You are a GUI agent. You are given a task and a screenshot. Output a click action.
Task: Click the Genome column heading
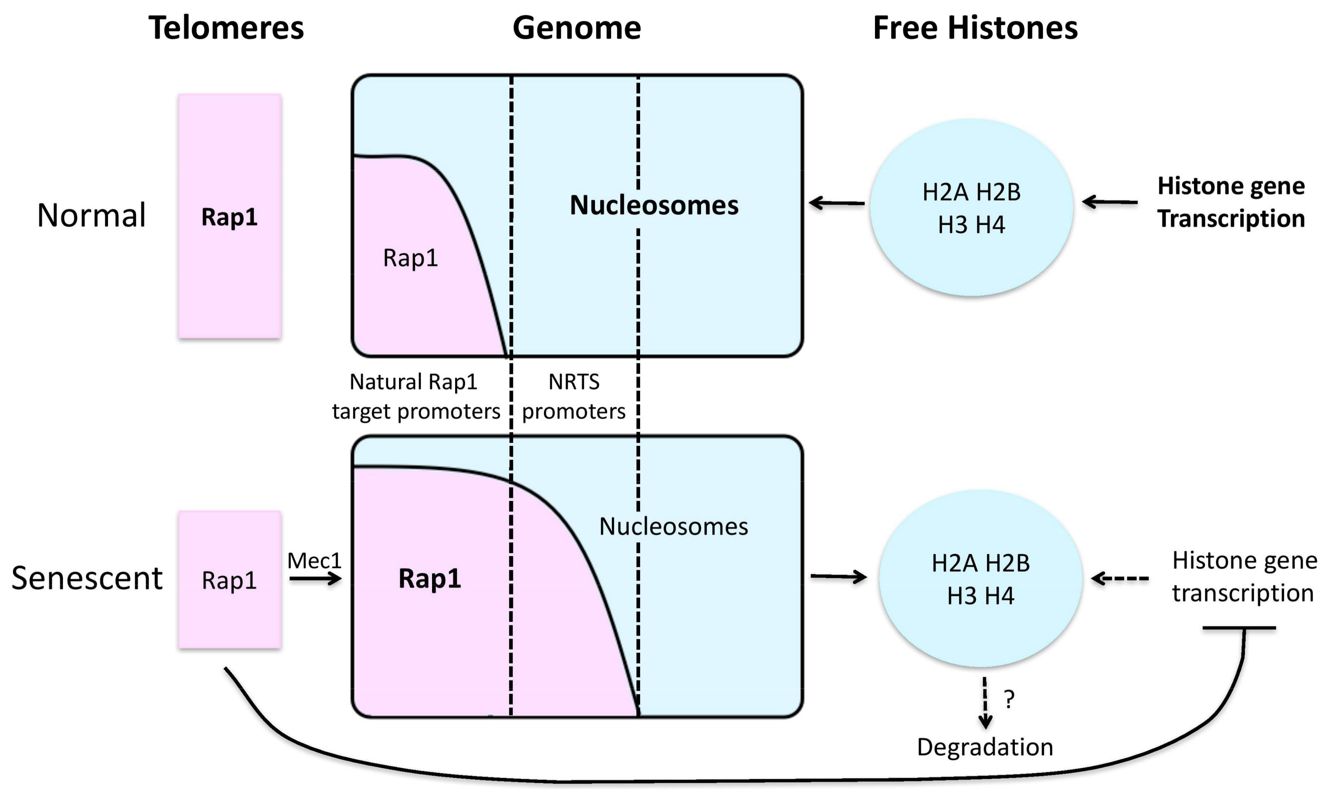coord(577,28)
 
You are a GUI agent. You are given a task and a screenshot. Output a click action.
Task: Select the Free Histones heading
coord(975,28)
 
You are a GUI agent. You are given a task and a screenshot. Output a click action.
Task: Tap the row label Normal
coord(91,215)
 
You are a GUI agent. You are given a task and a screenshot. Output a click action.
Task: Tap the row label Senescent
coord(87,578)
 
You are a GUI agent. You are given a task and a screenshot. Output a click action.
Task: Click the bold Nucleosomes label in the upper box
coord(654,205)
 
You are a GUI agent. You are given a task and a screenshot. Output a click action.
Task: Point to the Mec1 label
coord(315,561)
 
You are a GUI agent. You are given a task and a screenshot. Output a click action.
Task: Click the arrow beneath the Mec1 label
coord(315,578)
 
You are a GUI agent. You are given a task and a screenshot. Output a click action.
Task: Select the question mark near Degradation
coord(1009,699)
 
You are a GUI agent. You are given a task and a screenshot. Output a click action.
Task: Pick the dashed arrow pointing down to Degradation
coord(985,703)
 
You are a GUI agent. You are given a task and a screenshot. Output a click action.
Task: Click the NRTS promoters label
coord(573,396)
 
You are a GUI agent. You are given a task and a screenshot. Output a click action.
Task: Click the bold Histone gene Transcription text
coord(1230,202)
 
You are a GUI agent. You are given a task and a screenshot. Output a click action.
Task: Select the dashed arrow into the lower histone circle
coord(1120,578)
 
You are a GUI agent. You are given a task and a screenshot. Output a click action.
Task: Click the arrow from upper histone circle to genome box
coord(837,203)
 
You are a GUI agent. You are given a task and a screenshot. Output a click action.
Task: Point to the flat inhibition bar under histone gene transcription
coord(1239,628)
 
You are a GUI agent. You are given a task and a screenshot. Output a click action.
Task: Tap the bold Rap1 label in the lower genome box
coord(429,578)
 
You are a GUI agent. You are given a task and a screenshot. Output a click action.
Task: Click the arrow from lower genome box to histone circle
coord(838,577)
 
